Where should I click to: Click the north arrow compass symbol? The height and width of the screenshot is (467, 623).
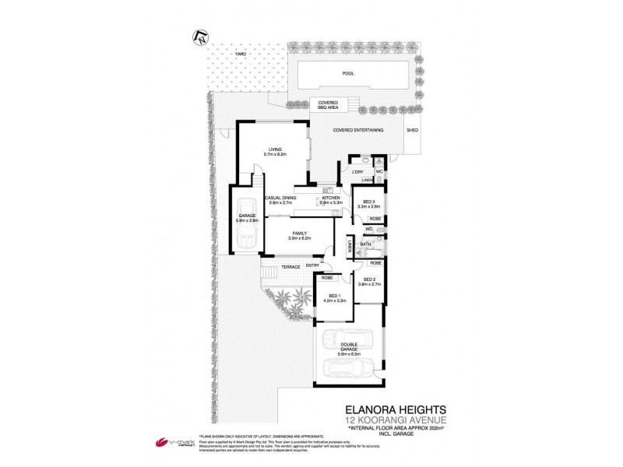tap(200, 34)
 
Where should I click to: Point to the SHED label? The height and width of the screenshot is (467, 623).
tap(412, 131)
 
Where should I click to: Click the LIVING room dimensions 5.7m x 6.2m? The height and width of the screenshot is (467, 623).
tap(275, 155)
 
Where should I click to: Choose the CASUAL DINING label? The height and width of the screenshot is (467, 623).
tap(280, 198)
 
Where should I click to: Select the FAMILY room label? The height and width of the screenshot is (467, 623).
tap(300, 233)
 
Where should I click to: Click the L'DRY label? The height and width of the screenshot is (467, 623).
tap(358, 172)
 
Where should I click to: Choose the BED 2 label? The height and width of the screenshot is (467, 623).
tap(371, 279)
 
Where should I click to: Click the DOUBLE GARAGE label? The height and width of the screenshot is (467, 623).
tap(348, 349)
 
